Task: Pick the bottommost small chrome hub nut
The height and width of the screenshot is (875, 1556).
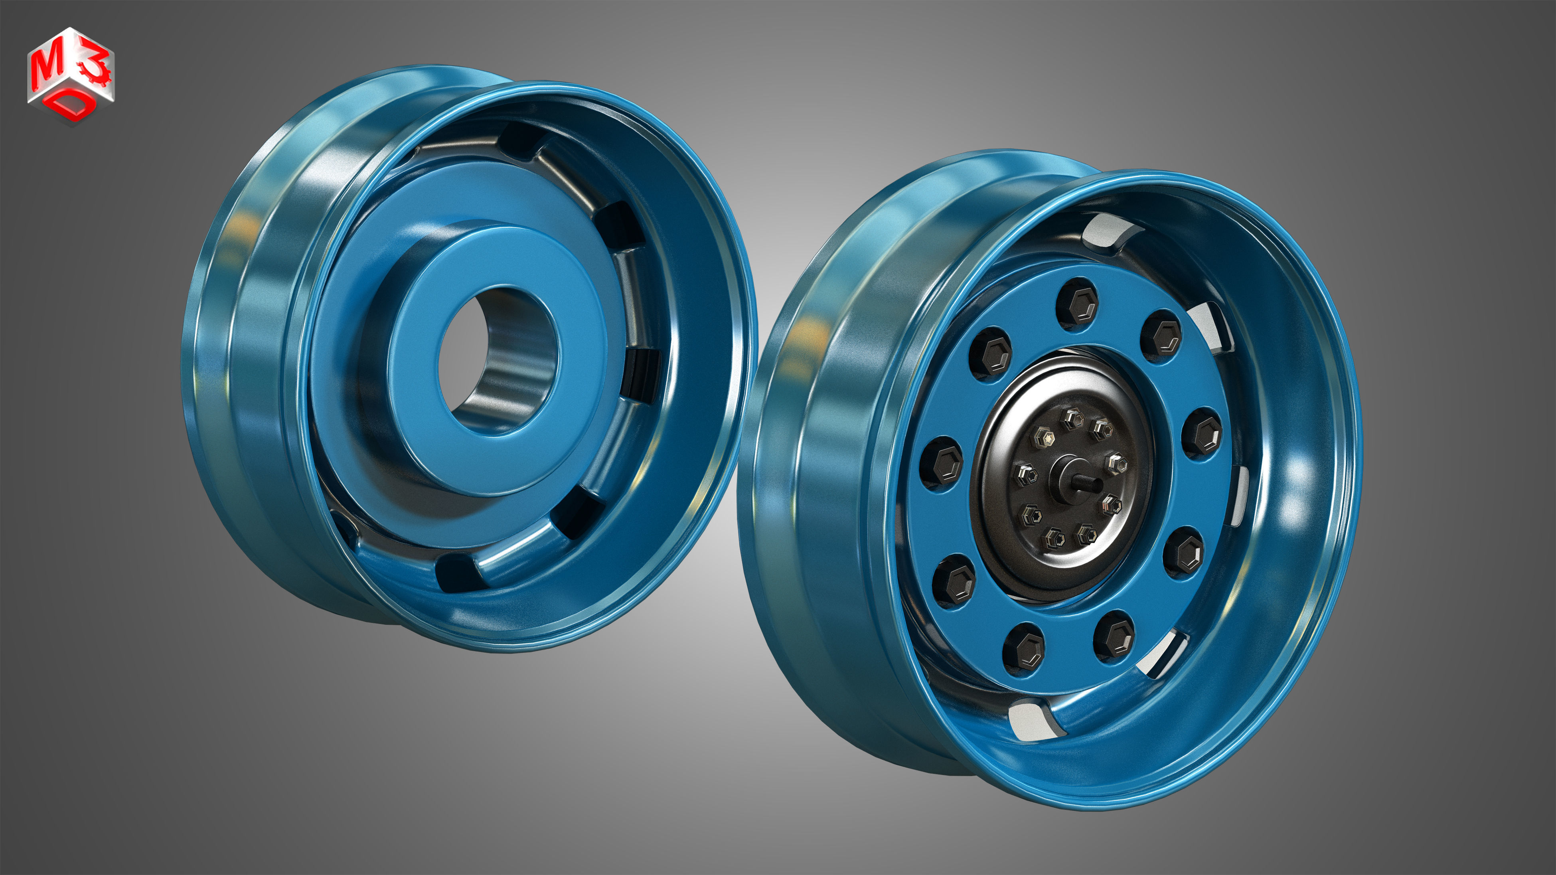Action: point(1055,537)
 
